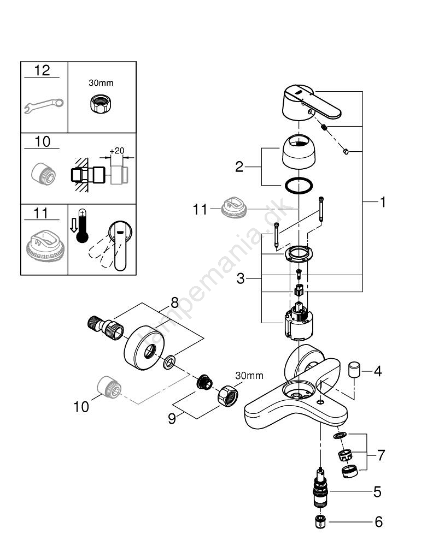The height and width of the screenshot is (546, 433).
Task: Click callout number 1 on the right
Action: (x=383, y=202)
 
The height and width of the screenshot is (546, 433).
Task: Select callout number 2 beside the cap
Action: (x=239, y=167)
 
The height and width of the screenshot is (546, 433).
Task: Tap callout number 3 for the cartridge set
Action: (x=241, y=279)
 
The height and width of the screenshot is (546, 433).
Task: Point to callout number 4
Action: (x=377, y=372)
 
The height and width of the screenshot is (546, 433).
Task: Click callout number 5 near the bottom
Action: (x=377, y=492)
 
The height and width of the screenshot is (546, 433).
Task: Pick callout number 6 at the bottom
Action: (x=378, y=522)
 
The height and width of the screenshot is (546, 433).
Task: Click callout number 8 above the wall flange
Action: (x=174, y=301)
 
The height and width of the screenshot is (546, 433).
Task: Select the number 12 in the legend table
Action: (x=42, y=70)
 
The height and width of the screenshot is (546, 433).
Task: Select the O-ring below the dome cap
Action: (x=300, y=186)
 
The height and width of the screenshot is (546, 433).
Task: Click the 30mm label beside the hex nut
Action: (x=249, y=375)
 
